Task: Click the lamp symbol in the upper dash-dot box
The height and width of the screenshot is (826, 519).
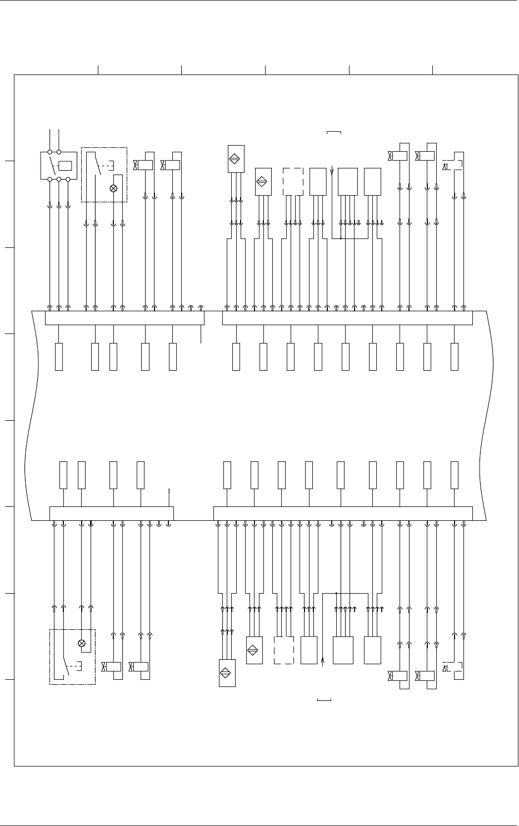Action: [114, 188]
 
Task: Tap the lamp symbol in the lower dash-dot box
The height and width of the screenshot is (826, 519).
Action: [82, 644]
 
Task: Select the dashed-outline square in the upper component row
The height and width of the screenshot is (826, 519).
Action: [293, 181]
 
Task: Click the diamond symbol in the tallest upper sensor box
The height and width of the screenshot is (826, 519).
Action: [236, 158]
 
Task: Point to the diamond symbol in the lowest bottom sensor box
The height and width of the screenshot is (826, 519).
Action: [227, 673]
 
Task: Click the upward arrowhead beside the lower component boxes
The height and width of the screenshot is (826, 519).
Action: [323, 660]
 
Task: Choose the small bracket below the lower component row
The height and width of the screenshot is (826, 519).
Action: [325, 699]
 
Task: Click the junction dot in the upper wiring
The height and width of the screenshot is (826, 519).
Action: [340, 239]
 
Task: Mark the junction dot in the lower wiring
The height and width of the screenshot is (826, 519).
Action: [336, 593]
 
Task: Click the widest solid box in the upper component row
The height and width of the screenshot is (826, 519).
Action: [348, 181]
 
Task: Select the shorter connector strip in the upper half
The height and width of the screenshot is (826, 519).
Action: [124, 319]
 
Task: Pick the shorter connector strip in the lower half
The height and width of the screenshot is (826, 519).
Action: [111, 513]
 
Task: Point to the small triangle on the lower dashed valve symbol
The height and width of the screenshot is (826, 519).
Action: [445, 668]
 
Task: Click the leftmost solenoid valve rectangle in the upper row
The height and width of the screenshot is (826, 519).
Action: [145, 165]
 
